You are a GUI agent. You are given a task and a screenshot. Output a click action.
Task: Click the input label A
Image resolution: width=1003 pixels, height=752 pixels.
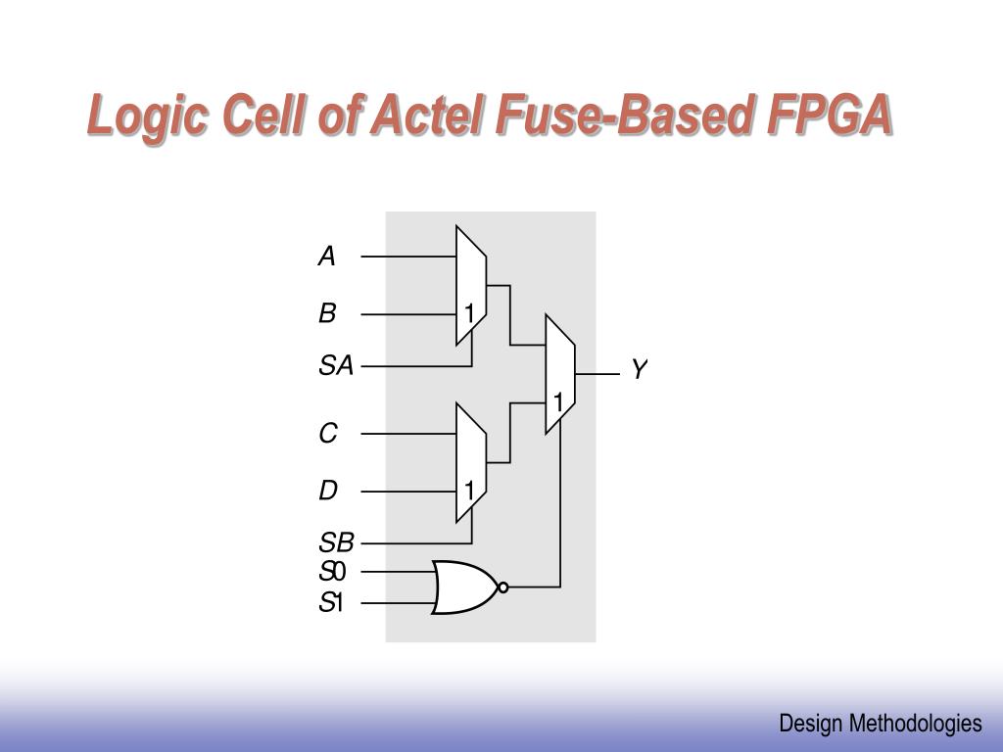(x=327, y=257)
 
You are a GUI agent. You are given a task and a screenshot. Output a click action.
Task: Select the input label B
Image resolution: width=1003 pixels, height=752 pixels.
(x=327, y=314)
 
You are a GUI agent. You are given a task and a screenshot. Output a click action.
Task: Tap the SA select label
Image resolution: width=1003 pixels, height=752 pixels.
(x=335, y=366)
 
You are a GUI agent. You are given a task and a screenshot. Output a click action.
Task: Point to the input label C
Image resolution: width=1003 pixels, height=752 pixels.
(x=328, y=433)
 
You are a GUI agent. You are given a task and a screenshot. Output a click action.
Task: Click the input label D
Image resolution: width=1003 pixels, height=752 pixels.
(x=328, y=491)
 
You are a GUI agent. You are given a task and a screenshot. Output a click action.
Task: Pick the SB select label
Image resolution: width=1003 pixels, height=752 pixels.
(x=335, y=542)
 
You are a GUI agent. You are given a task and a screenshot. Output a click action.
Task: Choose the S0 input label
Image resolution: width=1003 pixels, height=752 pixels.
(x=332, y=572)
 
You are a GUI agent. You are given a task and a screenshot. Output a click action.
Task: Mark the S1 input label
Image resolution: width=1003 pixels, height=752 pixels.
(x=332, y=603)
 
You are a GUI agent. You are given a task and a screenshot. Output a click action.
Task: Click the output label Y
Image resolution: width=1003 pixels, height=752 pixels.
(x=639, y=370)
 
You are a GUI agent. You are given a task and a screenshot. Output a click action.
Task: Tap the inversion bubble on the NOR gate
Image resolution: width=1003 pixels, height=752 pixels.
(x=502, y=587)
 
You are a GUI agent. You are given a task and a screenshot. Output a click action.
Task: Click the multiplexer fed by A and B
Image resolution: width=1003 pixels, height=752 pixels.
(x=471, y=286)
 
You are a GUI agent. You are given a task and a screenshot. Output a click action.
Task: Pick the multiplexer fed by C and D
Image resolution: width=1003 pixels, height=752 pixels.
(x=471, y=462)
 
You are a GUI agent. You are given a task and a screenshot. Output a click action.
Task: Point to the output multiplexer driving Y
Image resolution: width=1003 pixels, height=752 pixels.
(x=560, y=374)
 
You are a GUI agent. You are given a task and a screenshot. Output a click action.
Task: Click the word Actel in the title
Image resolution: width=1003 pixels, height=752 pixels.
(x=428, y=117)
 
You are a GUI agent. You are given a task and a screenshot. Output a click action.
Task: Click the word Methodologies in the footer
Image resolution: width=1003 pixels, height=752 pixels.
(x=915, y=724)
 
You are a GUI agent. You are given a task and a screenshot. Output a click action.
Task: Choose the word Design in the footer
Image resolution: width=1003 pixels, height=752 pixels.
(x=811, y=724)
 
